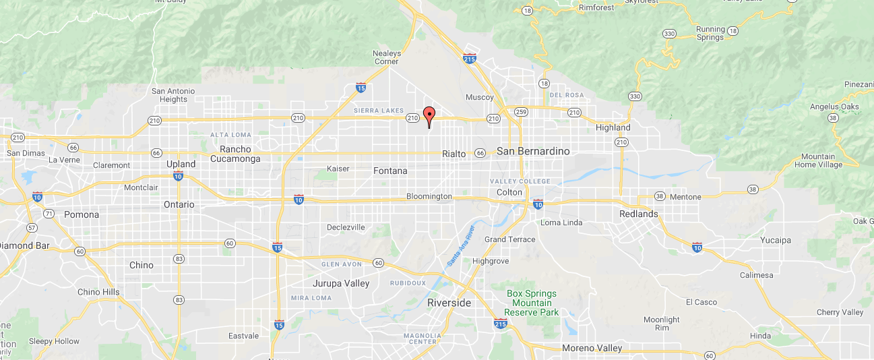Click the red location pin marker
429,116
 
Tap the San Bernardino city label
533,151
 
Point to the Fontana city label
390,171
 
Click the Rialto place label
454,154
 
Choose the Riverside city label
449,303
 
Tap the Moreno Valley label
592,348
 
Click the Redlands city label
638,214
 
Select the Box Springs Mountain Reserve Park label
532,303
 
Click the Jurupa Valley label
341,283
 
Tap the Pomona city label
82,214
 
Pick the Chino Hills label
98,292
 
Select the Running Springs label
710,33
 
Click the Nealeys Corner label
386,57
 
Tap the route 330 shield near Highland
634,97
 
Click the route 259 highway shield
520,111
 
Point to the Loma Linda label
561,222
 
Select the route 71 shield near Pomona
49,214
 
